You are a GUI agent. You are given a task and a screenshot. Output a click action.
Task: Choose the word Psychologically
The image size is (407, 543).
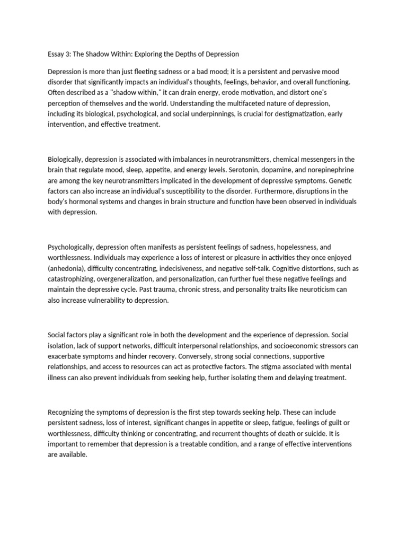click(70, 248)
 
